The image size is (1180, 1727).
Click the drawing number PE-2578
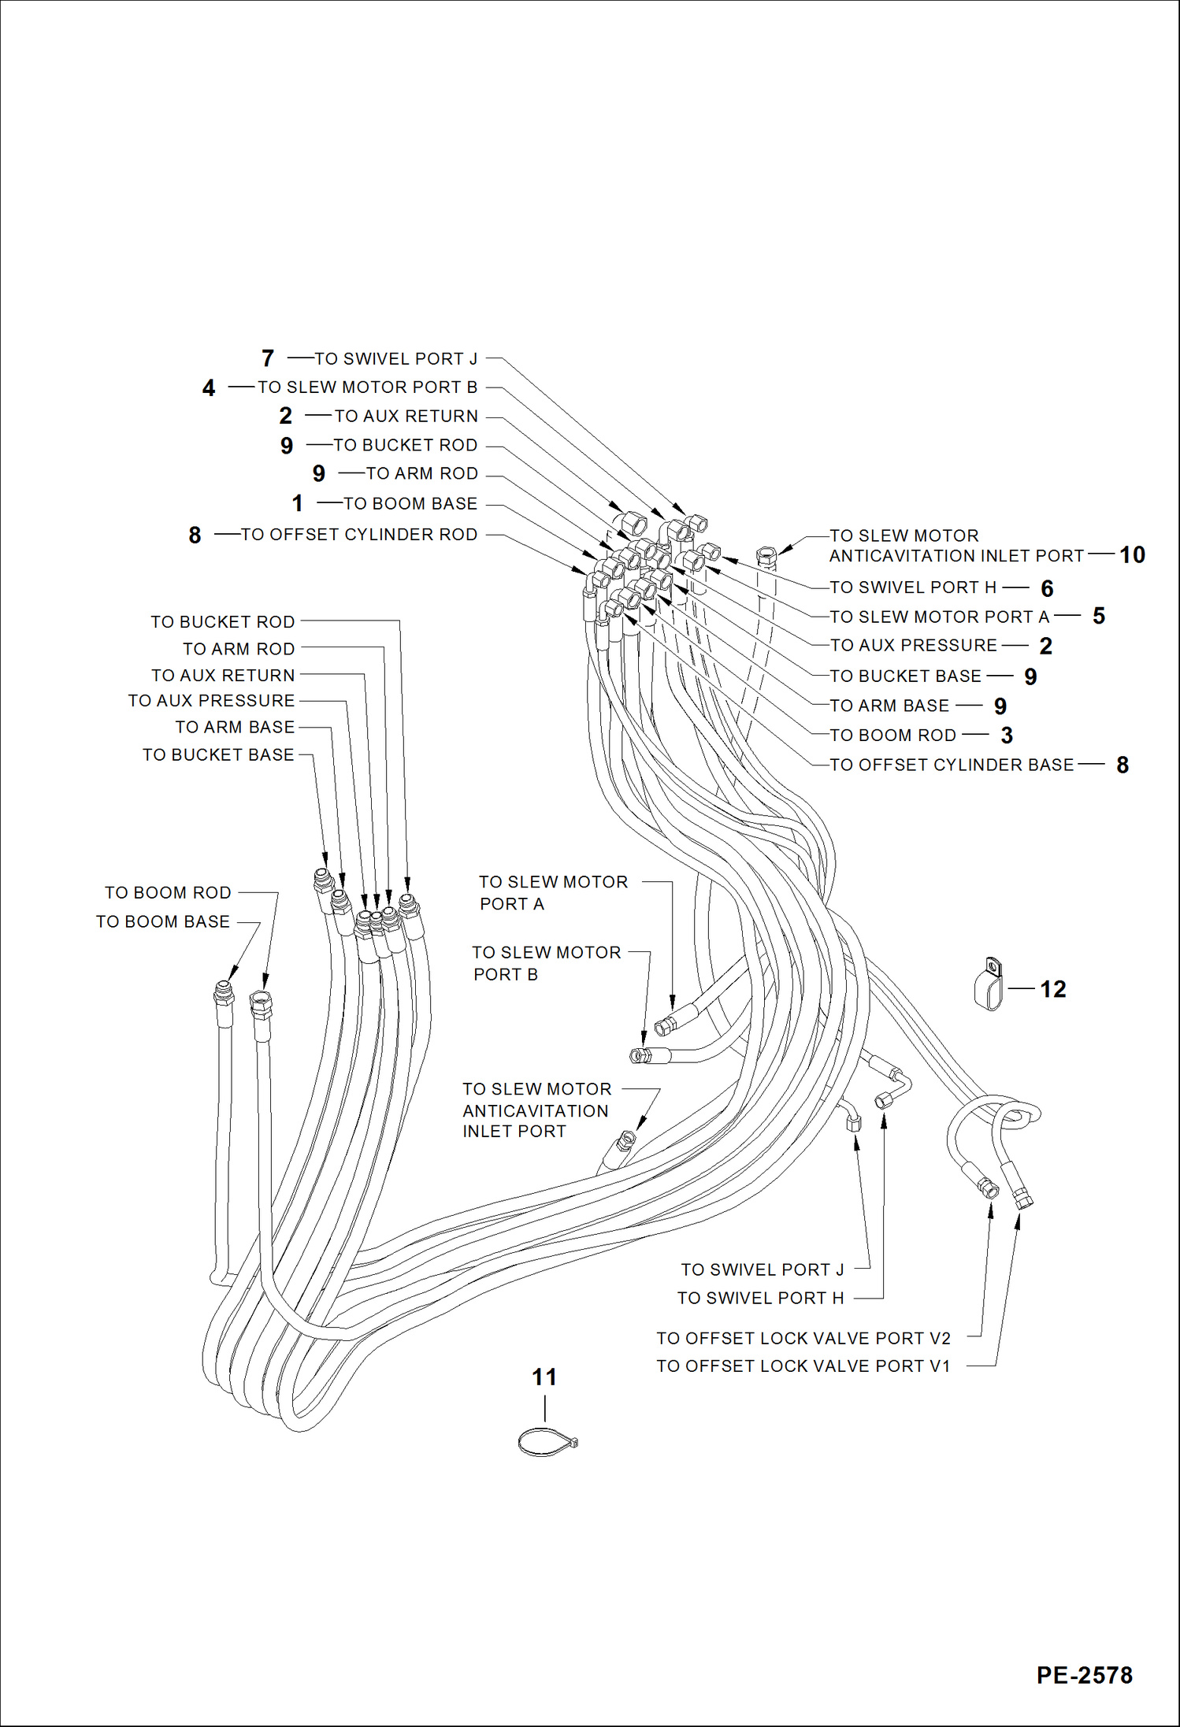click(x=1084, y=1674)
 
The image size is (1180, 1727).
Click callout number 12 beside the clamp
click(x=1052, y=989)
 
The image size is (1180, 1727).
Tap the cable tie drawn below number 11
click(x=547, y=1443)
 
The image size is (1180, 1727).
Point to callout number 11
click(x=544, y=1377)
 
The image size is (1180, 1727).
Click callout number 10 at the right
click(x=1132, y=555)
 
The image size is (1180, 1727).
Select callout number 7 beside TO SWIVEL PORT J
click(x=268, y=358)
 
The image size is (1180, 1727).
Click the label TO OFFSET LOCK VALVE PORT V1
click(x=803, y=1366)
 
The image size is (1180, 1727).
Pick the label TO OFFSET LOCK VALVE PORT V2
click(x=803, y=1338)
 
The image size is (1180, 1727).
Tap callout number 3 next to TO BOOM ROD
click(x=1007, y=736)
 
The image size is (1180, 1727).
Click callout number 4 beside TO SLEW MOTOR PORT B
click(x=209, y=387)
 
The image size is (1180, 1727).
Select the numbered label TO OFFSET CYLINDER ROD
click(x=359, y=535)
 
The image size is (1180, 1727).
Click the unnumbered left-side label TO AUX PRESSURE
click(x=211, y=701)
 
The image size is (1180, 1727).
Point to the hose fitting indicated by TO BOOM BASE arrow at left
click(x=224, y=994)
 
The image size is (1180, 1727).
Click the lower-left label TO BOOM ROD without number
click(x=168, y=893)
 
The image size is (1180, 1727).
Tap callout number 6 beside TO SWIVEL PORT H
click(x=1047, y=588)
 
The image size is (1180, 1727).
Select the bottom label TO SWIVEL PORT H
click(x=760, y=1298)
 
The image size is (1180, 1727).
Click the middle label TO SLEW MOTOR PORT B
click(x=547, y=963)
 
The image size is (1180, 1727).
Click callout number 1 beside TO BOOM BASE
click(x=297, y=503)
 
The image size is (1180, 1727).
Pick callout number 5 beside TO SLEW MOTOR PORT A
click(x=1099, y=616)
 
